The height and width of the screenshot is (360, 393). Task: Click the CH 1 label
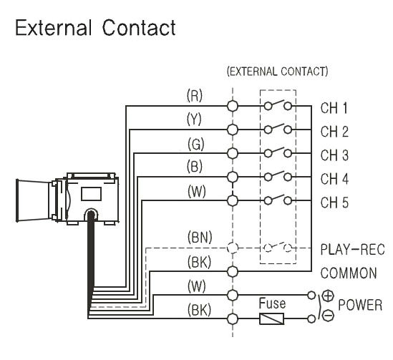tap(334, 108)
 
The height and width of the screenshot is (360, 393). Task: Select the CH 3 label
tap(334, 155)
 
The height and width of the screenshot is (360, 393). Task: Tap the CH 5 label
tap(334, 202)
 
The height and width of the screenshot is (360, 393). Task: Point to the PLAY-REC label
tap(352, 249)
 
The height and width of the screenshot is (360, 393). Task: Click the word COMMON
tap(349, 273)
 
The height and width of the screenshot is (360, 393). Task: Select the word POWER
tap(360, 305)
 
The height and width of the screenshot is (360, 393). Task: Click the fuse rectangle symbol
tap(272, 318)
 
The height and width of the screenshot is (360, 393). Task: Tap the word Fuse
tap(272, 303)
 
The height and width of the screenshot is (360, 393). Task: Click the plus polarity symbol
tap(328, 296)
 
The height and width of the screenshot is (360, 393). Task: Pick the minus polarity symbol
tap(328, 315)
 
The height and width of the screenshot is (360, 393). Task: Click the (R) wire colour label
tap(195, 95)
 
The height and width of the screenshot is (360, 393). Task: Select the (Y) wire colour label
tap(194, 120)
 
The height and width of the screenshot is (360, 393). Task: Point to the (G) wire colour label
tap(195, 144)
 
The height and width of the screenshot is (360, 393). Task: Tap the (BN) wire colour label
tap(200, 237)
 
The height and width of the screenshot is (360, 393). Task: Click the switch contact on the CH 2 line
tap(278, 129)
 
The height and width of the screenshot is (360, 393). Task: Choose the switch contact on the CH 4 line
tap(278, 176)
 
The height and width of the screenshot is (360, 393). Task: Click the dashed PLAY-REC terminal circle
tap(233, 248)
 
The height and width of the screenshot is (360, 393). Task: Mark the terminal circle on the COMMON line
tap(233, 271)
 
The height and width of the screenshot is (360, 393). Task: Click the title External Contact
tap(95, 28)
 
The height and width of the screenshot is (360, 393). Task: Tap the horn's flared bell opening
tap(18, 200)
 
